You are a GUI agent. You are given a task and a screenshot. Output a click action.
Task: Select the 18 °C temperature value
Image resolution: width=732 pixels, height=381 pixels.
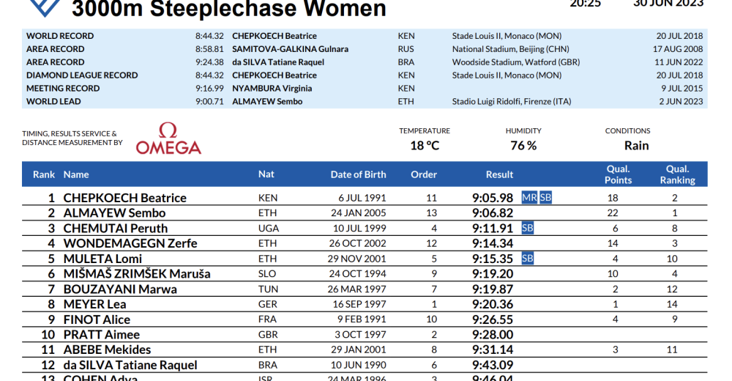point(425,145)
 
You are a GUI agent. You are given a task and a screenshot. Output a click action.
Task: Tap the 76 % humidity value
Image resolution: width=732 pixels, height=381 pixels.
point(523,145)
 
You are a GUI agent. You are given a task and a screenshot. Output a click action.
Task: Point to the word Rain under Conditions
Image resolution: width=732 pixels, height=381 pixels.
point(636,145)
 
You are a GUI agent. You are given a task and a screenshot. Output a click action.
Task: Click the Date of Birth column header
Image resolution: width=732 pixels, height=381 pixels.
point(358,174)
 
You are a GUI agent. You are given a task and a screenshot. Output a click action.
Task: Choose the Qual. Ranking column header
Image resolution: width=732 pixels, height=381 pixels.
point(677,174)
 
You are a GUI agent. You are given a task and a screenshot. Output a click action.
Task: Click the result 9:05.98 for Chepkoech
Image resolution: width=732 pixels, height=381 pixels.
point(493,198)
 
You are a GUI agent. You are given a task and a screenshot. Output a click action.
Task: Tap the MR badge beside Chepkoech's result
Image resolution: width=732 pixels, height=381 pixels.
point(529,198)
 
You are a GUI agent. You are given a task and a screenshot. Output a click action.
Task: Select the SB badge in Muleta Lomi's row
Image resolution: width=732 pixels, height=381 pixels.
point(527,259)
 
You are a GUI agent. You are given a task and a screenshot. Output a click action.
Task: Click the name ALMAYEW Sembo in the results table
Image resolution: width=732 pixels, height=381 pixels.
point(114,213)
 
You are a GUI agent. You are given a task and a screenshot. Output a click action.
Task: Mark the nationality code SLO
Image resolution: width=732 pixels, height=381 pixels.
point(268,274)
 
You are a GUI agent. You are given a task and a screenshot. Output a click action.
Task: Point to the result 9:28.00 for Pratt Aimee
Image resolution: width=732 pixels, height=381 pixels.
point(493,335)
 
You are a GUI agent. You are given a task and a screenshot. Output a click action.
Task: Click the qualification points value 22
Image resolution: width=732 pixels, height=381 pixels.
point(613,213)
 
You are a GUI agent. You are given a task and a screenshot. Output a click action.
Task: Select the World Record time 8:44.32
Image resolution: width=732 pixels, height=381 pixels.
point(209,36)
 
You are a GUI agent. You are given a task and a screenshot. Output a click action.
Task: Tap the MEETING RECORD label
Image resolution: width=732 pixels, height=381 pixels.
point(63,89)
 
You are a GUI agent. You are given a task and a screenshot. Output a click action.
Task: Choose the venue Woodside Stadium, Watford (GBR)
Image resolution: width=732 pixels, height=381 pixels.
point(516,62)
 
